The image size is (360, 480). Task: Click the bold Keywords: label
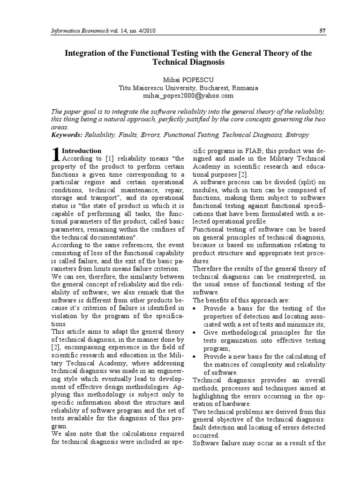coord(66,135)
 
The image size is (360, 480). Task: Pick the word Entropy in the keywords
coord(295,135)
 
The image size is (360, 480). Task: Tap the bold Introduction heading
coord(82,151)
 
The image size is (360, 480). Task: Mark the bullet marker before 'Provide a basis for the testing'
coord(195,309)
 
